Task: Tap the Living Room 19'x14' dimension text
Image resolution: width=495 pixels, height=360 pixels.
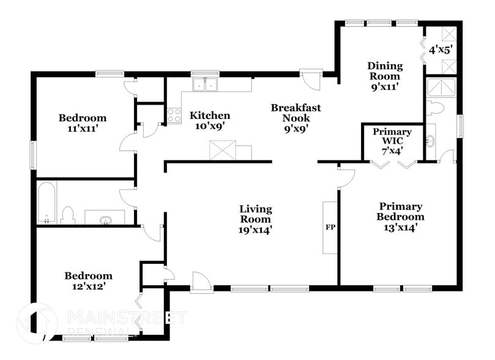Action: click(255, 231)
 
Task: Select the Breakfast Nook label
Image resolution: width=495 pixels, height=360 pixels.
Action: click(296, 113)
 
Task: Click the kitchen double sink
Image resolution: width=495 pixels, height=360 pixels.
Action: click(205, 84)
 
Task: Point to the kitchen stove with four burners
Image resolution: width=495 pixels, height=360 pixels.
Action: click(174, 115)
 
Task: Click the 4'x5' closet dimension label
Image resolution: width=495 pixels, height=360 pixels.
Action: click(440, 51)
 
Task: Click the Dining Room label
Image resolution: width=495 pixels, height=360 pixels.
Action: click(385, 71)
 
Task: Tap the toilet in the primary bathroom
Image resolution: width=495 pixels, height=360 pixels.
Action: click(435, 108)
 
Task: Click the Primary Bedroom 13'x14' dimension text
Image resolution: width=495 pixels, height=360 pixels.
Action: click(400, 228)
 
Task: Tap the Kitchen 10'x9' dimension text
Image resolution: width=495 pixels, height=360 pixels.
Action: click(210, 126)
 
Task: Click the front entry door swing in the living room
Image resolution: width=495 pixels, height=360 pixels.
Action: click(199, 281)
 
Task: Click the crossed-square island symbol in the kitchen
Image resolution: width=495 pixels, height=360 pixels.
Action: click(222, 150)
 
